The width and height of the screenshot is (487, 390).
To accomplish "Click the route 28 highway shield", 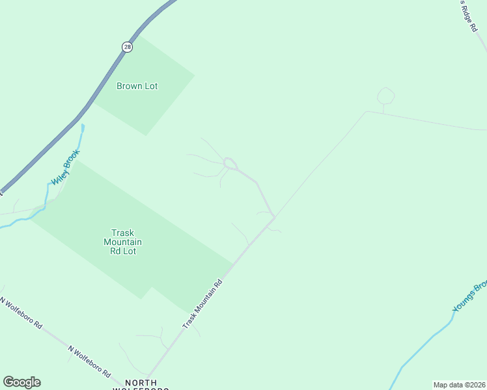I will tap(127, 47).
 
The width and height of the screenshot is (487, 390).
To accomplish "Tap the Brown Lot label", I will tap(137, 86).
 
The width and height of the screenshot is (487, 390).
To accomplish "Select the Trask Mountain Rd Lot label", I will tap(122, 242).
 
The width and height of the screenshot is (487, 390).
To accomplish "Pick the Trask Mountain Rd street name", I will tap(202, 304).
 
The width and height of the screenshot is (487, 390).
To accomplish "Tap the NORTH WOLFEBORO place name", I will tap(142, 384).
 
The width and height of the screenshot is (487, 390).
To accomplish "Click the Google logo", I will tap(21, 382).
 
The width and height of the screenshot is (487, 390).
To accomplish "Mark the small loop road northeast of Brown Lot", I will tap(386, 96).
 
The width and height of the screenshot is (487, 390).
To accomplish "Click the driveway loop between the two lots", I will tap(229, 162).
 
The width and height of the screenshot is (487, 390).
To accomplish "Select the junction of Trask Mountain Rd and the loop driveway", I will tap(275, 217).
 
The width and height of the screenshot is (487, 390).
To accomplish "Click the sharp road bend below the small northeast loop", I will tap(367, 112).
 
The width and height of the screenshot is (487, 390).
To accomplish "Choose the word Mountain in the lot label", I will tap(122, 242).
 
